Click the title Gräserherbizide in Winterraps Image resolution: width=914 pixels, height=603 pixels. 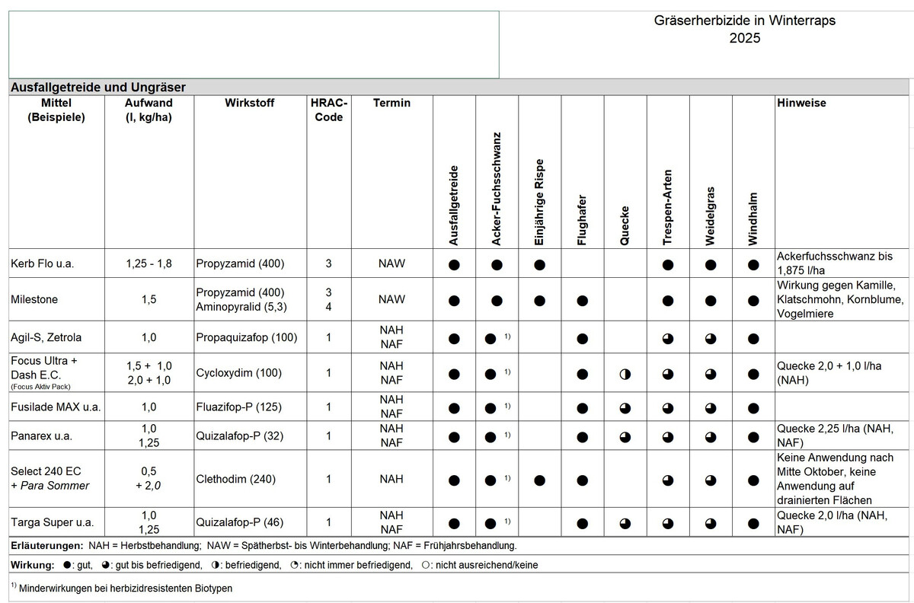pos(744,21)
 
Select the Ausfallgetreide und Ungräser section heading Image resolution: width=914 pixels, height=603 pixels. pos(97,88)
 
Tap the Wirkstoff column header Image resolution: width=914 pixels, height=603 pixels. pos(250,103)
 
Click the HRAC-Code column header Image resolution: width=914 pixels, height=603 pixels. pos(328,110)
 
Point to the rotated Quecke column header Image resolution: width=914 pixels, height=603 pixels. pos(625,225)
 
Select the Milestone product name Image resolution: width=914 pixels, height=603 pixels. pos(34,299)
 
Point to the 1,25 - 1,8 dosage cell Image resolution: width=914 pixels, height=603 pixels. pos(149,264)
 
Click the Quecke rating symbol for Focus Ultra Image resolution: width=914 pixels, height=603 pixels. pos(625,374)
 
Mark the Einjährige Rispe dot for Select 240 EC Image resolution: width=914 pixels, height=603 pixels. pos(539,480)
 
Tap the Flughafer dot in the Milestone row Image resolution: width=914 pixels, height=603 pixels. pos(582,300)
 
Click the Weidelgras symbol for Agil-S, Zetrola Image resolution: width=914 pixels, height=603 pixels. pos(710,337)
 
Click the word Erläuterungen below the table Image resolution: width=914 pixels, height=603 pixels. pos(47,546)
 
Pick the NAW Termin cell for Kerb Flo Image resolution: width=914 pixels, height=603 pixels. pos(391,264)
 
